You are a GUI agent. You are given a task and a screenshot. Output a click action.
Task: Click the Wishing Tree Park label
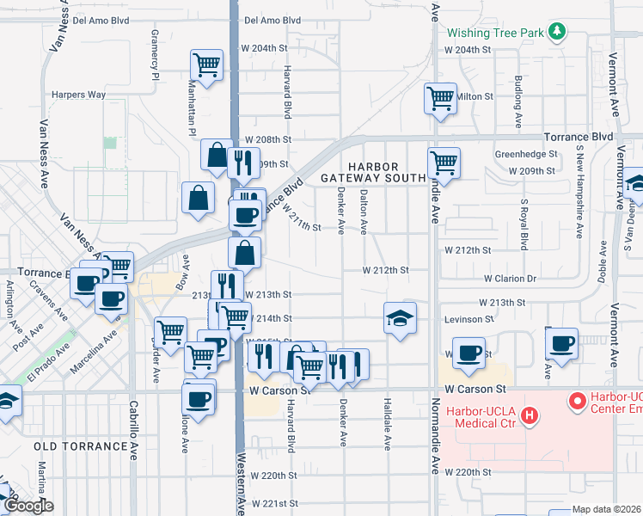coord(496,33)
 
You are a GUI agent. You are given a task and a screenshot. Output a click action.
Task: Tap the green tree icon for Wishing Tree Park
coord(558,32)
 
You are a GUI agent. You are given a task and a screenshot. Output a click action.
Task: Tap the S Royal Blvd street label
coord(524,224)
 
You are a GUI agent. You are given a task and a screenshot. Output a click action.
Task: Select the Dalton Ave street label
coord(364,212)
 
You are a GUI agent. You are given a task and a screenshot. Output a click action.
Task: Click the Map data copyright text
coord(606,509)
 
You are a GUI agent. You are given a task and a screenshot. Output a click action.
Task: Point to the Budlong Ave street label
coord(517,96)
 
